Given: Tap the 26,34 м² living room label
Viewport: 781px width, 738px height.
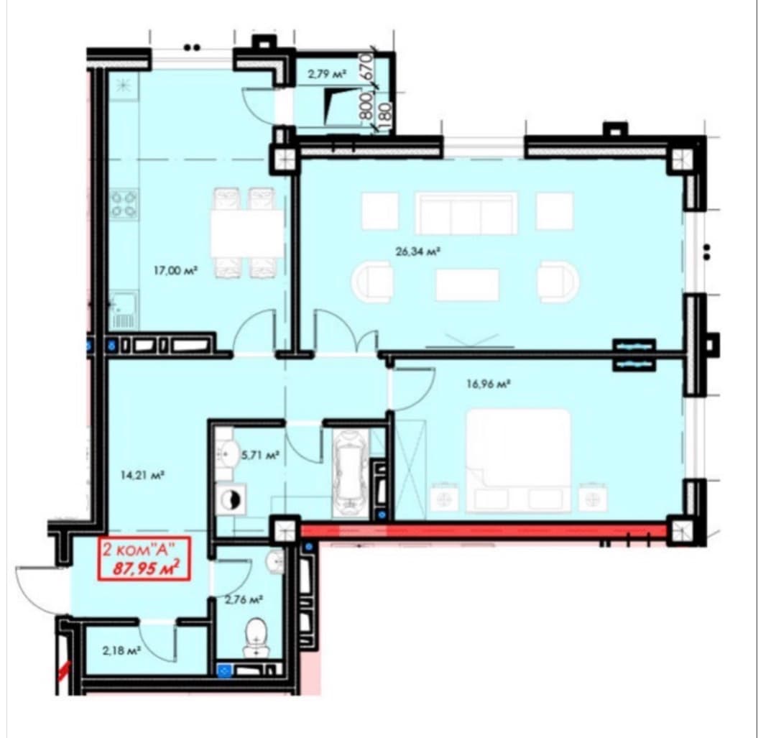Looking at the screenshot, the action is [418, 252].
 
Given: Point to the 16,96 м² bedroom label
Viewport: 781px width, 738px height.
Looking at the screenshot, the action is [489, 384].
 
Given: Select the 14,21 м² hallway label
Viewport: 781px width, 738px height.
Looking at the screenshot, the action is [142, 476].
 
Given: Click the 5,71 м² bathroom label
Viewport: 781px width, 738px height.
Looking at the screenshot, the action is [260, 454].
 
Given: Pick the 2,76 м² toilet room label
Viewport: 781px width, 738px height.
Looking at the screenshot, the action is [244, 600].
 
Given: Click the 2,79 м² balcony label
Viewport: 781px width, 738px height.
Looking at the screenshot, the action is [327, 75].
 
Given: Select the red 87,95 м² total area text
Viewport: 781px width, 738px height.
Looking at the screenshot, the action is [145, 568].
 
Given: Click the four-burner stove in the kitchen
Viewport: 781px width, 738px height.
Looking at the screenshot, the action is [124, 203].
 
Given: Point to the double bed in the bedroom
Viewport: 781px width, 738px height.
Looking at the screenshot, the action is [518, 461].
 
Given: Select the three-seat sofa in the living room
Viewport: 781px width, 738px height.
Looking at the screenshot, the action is [466, 213].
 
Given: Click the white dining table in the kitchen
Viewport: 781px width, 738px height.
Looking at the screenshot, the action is [247, 233].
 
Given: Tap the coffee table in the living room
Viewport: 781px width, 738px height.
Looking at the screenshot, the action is [467, 285].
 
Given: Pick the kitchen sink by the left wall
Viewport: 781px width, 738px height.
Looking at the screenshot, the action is [123, 311].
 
